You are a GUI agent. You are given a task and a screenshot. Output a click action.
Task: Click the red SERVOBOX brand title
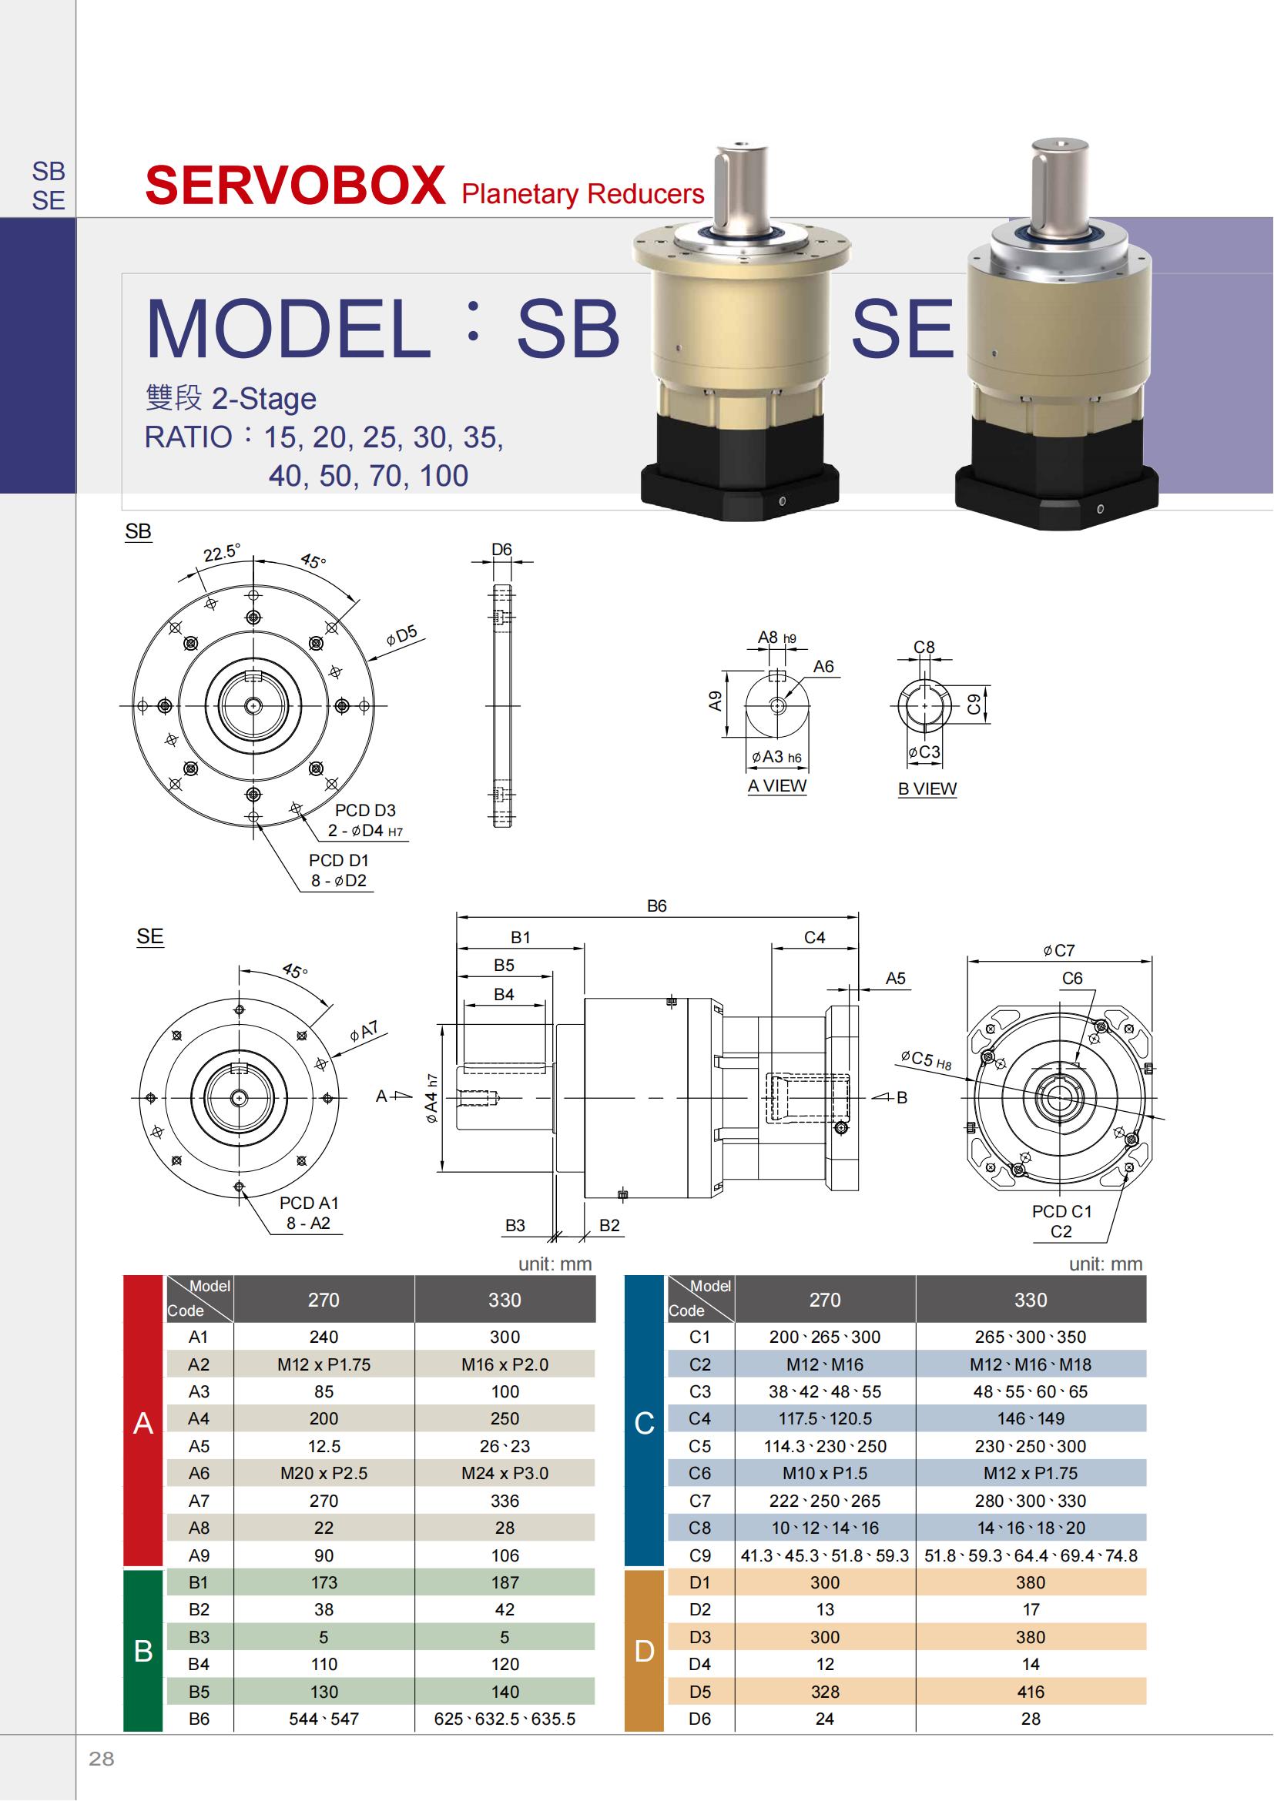[x=296, y=186]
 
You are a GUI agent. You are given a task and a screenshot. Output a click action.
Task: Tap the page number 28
[x=101, y=1758]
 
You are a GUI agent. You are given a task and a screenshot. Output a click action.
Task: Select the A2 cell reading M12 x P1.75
[x=324, y=1364]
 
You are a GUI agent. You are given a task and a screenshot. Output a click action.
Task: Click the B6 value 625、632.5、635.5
[x=505, y=1719]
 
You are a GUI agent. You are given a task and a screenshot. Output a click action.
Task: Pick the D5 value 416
[x=1030, y=1691]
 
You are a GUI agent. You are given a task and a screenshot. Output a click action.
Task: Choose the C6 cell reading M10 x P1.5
[x=824, y=1473]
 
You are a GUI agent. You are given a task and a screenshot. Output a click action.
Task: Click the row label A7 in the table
[x=199, y=1501]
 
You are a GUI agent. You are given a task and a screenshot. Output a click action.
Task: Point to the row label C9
[x=699, y=1555]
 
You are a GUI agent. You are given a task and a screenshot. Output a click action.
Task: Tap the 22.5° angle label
[x=221, y=552]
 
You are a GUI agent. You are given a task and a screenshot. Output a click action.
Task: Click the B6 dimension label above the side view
[x=656, y=906]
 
